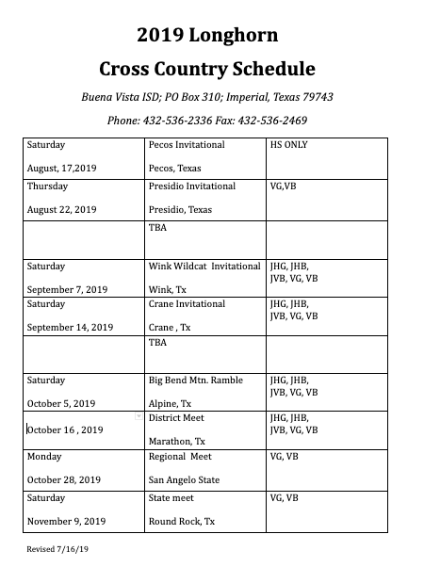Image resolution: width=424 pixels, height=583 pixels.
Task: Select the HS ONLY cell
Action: click(289, 145)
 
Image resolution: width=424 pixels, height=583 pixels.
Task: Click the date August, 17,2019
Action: click(61, 168)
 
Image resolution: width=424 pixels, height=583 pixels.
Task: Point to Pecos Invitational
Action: click(187, 145)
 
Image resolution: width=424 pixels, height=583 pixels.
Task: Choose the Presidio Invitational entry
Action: click(192, 186)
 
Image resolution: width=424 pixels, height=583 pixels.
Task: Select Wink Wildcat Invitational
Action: click(204, 267)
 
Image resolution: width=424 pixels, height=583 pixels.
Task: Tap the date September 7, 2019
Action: click(68, 289)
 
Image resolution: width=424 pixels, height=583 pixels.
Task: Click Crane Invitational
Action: click(187, 304)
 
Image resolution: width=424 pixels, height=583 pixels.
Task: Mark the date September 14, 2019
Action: click(71, 327)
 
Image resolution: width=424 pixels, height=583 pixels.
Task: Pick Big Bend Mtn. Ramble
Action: click(195, 381)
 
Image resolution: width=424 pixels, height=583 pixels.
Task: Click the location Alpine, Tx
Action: click(171, 403)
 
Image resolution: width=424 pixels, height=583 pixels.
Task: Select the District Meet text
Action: click(176, 417)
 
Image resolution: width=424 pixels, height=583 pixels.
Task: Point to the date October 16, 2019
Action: click(65, 429)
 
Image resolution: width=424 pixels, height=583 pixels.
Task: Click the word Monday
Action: click(45, 457)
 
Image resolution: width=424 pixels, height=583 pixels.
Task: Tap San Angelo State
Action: click(185, 479)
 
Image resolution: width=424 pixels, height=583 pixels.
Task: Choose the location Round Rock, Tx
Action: click(182, 521)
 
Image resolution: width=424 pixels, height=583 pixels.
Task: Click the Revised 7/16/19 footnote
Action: click(57, 548)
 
